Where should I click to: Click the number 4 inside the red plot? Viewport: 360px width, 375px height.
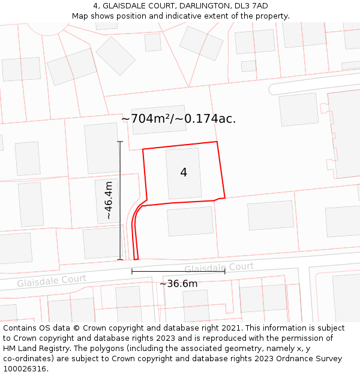tap(184, 173)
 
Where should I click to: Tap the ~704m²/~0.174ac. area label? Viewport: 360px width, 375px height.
tap(178, 119)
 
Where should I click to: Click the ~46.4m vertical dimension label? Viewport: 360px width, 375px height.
tap(109, 200)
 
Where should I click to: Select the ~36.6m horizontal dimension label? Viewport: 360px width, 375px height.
tap(178, 283)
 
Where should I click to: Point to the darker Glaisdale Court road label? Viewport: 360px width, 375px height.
tap(219, 267)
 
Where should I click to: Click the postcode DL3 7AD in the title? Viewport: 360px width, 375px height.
tap(253, 6)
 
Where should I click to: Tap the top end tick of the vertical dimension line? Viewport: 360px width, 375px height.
tap(120, 142)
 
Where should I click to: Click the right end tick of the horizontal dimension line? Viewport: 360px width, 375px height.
tap(225, 272)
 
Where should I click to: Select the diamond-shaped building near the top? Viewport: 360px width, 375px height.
tap(115, 56)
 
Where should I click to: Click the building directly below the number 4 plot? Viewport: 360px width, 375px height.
tap(190, 221)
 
